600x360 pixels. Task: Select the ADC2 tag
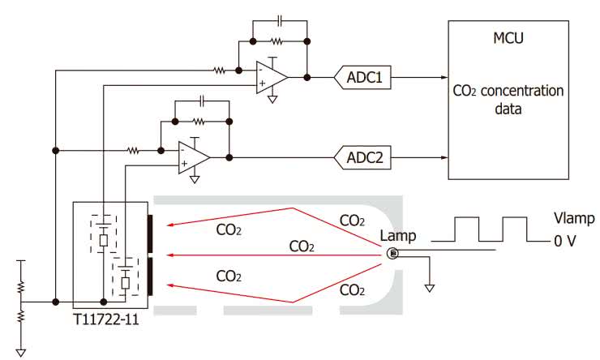(364, 156)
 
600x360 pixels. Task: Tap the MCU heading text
(508, 39)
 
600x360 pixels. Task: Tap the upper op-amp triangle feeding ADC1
(272, 77)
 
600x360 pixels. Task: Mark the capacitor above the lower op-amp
(203, 101)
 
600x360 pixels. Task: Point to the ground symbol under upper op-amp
(273, 101)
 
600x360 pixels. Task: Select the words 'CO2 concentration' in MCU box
(508, 91)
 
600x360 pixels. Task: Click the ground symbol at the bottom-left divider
(22, 351)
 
